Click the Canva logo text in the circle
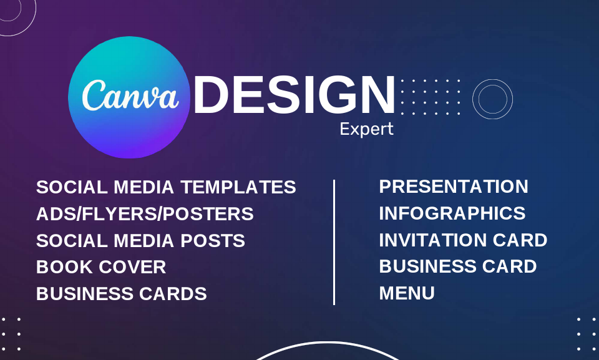[130, 95]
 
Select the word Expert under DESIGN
[366, 129]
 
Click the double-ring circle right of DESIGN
[492, 99]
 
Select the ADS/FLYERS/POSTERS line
[145, 214]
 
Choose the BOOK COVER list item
[101, 267]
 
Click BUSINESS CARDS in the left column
[121, 294]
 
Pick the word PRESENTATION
[454, 187]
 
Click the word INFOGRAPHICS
[452, 213]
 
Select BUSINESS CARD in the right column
[458, 266]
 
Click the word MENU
[407, 293]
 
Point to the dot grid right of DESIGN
[431, 97]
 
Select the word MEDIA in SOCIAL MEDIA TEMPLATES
[146, 187]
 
